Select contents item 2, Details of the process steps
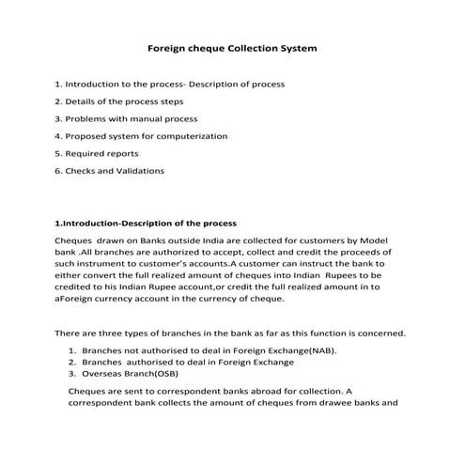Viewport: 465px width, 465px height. tap(118, 101)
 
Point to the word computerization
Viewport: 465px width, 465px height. tap(194, 136)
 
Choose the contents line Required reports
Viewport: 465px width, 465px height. tap(97, 153)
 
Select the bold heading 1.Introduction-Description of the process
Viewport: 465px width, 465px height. tap(146, 224)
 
